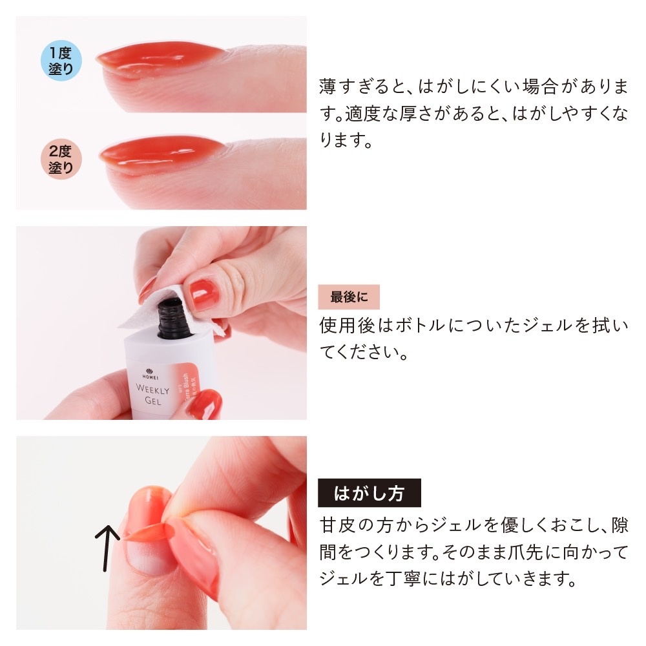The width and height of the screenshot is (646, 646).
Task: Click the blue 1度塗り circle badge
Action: (61, 62)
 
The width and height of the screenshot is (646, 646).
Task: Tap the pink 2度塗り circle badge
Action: (61, 159)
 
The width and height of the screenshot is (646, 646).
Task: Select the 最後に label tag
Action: (349, 297)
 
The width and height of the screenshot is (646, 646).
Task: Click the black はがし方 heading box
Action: (369, 494)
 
